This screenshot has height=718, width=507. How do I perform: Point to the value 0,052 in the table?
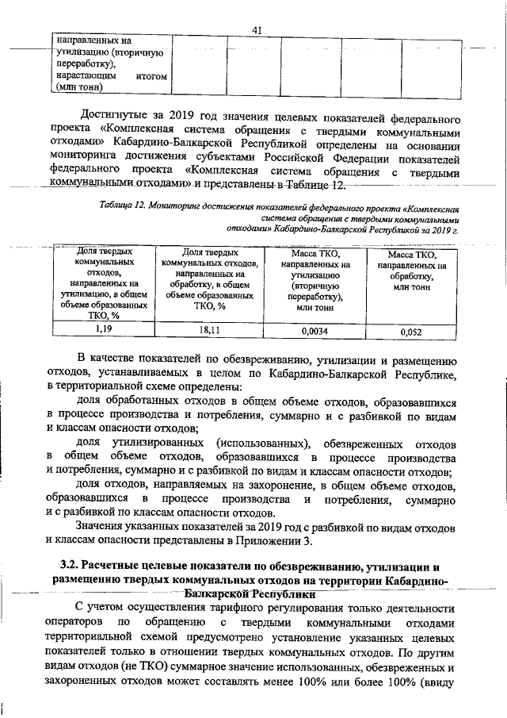tap(410, 332)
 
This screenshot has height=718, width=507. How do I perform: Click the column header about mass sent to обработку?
tap(410, 272)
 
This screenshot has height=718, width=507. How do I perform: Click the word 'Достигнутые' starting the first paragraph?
tap(120, 118)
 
